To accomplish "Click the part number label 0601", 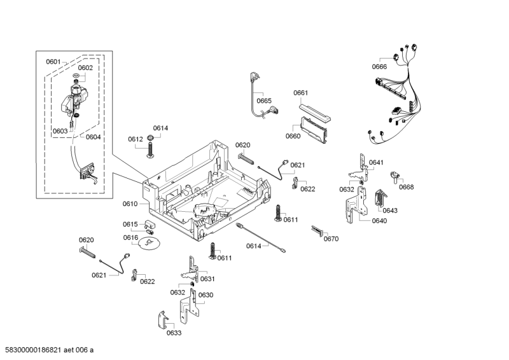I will (53, 62).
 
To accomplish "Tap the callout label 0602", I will (85, 67).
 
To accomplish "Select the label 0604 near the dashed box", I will (93, 137).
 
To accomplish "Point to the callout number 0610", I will (130, 204).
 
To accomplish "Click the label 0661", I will (301, 93).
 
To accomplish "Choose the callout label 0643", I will (390, 211).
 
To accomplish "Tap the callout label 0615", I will (130, 224).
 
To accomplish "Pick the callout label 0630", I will (206, 294).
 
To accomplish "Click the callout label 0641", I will (376, 163).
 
